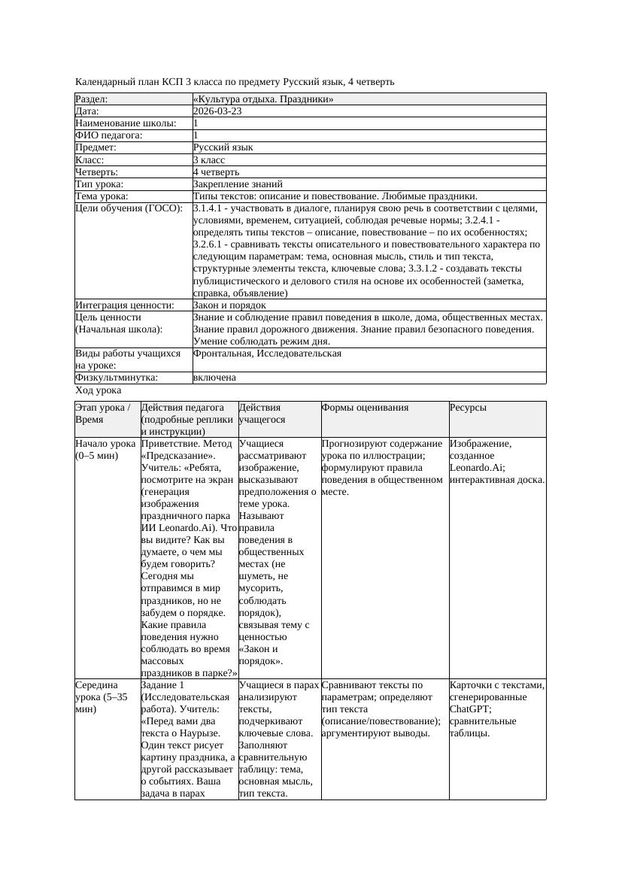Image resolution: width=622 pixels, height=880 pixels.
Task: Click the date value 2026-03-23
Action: tap(217, 111)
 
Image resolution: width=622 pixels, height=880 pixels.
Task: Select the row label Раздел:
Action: tap(92, 99)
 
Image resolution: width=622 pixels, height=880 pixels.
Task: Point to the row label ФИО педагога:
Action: tap(109, 135)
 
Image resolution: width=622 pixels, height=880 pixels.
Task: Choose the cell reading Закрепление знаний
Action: tap(238, 184)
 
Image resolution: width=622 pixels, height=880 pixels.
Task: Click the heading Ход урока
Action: tap(99, 390)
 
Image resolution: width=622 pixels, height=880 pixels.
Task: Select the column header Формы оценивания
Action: tap(365, 408)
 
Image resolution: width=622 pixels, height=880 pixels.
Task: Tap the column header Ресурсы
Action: tap(468, 408)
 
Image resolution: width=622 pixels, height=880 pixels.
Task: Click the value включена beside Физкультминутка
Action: tap(214, 378)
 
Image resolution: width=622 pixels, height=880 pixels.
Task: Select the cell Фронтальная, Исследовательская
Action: tap(267, 354)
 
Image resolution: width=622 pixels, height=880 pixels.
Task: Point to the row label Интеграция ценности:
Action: tap(125, 305)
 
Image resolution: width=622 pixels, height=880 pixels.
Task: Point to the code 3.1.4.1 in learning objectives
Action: tap(209, 208)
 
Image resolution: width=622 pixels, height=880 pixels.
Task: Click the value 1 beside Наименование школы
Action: tap(196, 123)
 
